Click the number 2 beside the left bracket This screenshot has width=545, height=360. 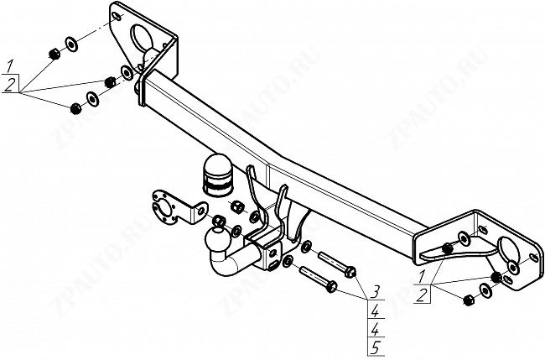click(x=9, y=85)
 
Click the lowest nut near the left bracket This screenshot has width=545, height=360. click(x=75, y=108)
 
